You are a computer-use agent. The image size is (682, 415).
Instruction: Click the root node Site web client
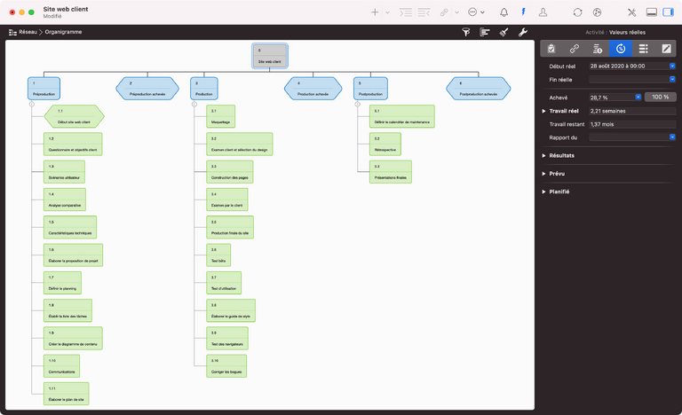click(270, 56)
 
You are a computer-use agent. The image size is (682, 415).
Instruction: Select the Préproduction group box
click(44, 88)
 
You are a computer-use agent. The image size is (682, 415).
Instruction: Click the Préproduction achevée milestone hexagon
click(147, 88)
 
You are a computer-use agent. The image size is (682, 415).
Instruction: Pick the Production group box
click(204, 88)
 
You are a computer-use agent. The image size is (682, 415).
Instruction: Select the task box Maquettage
click(221, 116)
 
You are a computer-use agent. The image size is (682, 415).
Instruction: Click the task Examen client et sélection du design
click(239, 144)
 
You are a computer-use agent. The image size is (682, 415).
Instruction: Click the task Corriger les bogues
click(226, 365)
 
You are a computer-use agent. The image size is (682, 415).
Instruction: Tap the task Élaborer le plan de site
click(67, 394)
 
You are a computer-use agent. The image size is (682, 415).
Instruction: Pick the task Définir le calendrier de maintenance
click(402, 116)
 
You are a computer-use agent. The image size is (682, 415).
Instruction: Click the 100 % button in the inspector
click(660, 97)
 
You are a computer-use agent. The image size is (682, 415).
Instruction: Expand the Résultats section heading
click(561, 155)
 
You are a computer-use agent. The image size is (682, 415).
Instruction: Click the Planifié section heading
click(559, 192)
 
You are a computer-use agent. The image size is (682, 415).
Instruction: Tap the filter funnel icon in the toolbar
click(466, 31)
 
